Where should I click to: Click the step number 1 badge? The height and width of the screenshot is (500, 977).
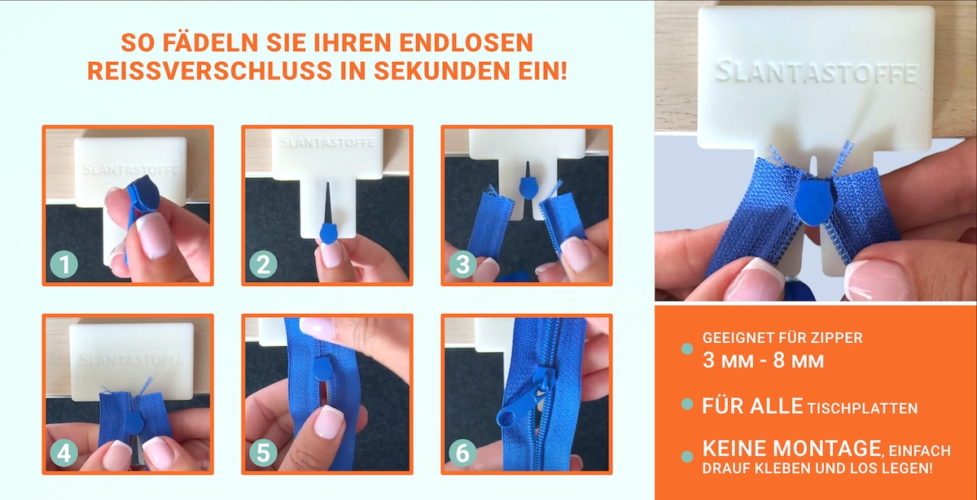click(64, 264)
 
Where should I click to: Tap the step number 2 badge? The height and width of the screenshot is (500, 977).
click(264, 264)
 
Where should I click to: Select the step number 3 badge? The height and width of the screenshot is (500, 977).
click(462, 264)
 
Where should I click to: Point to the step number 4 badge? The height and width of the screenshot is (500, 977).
click(64, 454)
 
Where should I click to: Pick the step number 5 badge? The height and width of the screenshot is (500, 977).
click(264, 454)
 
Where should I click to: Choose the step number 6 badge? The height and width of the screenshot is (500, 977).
click(462, 454)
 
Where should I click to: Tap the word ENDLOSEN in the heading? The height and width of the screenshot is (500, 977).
click(466, 42)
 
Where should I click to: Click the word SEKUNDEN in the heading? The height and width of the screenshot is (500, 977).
click(442, 71)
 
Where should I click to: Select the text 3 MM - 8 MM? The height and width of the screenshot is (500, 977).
click(763, 361)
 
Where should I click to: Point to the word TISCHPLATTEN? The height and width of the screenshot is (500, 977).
click(863, 408)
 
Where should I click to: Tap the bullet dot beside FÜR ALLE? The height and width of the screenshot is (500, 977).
click(687, 404)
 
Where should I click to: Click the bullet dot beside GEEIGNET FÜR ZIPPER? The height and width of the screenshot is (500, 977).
click(687, 349)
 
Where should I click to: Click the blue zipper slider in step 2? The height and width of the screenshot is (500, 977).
click(329, 233)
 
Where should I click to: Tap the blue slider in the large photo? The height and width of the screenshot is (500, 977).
click(813, 202)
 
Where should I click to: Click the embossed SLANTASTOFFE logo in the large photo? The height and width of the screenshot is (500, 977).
click(817, 72)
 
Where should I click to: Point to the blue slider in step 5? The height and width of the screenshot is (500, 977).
click(322, 367)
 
